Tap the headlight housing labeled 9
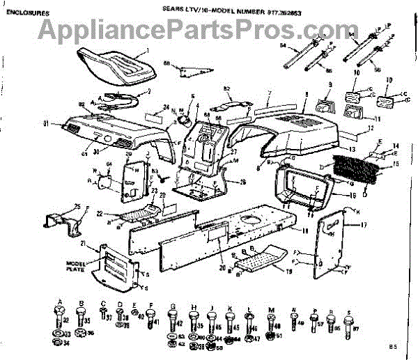pyautogui.click(x=325, y=108)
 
